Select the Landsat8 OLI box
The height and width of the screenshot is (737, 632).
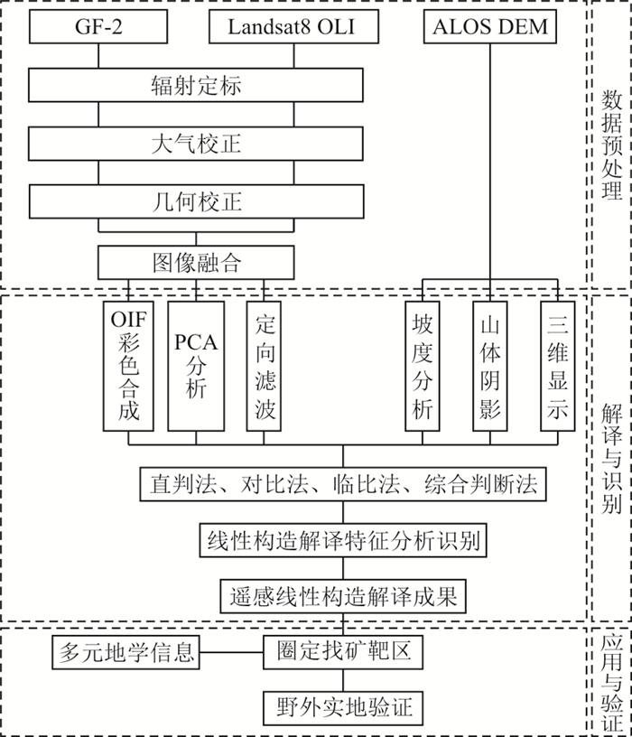[291, 27]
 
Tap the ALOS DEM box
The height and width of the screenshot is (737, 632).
[490, 27]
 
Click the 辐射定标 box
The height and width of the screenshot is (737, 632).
[196, 86]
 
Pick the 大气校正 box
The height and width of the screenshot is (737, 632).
[196, 144]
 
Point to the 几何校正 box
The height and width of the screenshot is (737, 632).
[196, 201]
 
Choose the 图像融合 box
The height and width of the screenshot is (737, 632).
[196, 263]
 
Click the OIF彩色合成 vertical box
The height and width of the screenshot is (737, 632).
[128, 365]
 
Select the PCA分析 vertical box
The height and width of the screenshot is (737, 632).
[196, 365]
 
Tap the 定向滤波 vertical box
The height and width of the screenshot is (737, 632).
[264, 365]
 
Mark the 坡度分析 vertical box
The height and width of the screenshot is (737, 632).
[423, 365]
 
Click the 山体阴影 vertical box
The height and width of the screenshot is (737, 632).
[490, 365]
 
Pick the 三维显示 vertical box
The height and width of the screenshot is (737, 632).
[557, 365]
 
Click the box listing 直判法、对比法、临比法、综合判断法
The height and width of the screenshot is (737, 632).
[343, 485]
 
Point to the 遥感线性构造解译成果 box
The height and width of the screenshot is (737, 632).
[343, 595]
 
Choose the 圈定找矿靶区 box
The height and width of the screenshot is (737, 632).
[343, 651]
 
